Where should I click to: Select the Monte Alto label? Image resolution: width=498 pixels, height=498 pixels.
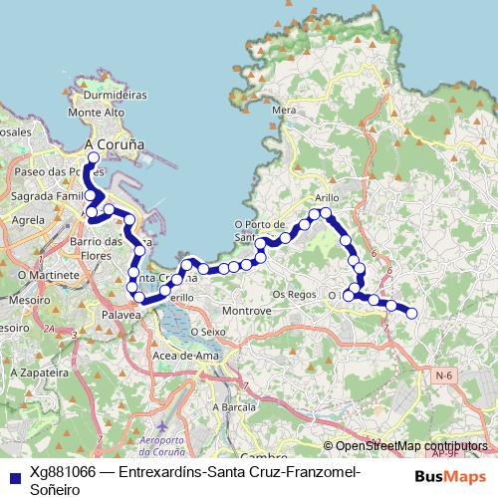tap(96, 114)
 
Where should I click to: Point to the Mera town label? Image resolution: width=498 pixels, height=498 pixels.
tap(284, 110)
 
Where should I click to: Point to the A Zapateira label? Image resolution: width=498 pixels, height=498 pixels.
tap(30, 370)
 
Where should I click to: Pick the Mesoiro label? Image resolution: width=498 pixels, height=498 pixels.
tap(22, 298)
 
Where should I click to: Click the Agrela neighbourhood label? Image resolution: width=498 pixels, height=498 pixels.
tap(29, 219)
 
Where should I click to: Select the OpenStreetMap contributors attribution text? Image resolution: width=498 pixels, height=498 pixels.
tap(411, 446)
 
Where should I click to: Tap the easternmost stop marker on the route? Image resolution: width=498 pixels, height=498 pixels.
tap(410, 314)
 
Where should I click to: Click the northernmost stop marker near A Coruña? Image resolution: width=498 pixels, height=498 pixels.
tap(94, 157)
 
